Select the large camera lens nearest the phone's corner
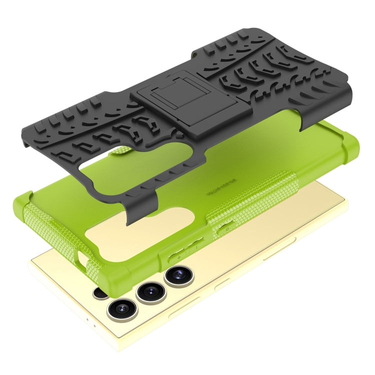click(x=122, y=308)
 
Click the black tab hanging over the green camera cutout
click(x=133, y=212)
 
